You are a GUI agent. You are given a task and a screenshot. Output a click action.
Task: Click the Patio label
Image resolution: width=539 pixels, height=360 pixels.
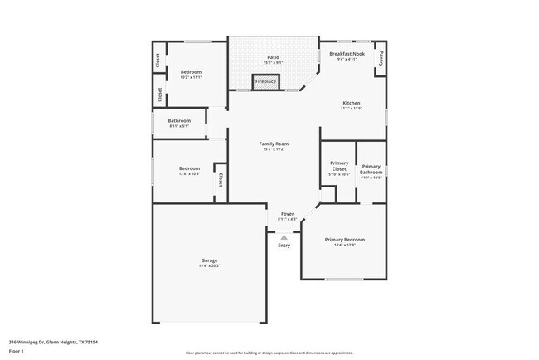coord(273,57)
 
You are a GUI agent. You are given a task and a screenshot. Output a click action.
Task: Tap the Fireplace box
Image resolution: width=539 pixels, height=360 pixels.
coord(265,81)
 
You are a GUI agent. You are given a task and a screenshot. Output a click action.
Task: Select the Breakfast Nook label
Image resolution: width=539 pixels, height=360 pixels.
coord(346,54)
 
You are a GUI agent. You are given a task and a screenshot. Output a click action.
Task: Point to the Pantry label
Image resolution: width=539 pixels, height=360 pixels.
coord(381,58)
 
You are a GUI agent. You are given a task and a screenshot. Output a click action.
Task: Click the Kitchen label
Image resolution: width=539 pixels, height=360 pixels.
coord(351,104)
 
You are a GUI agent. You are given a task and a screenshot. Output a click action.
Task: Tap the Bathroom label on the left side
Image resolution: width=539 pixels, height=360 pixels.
coord(179,120)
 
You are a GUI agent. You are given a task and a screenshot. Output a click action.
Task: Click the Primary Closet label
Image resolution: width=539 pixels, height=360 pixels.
coord(338,166)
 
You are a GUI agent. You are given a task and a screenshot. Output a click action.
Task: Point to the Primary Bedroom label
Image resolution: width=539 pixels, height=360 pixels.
coord(344,239)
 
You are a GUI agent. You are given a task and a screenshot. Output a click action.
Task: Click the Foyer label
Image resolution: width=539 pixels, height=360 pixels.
coord(287,214)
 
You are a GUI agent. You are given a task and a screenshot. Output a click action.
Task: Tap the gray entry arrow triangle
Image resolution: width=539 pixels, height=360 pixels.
coord(284,236)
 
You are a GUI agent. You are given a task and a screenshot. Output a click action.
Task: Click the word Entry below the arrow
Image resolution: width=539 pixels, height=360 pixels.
coord(284,246)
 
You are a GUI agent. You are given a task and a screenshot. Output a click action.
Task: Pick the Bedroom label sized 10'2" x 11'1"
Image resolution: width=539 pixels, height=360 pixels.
coord(191,72)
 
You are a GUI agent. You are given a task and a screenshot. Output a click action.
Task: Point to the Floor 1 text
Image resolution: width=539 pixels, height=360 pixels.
coord(16,351)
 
